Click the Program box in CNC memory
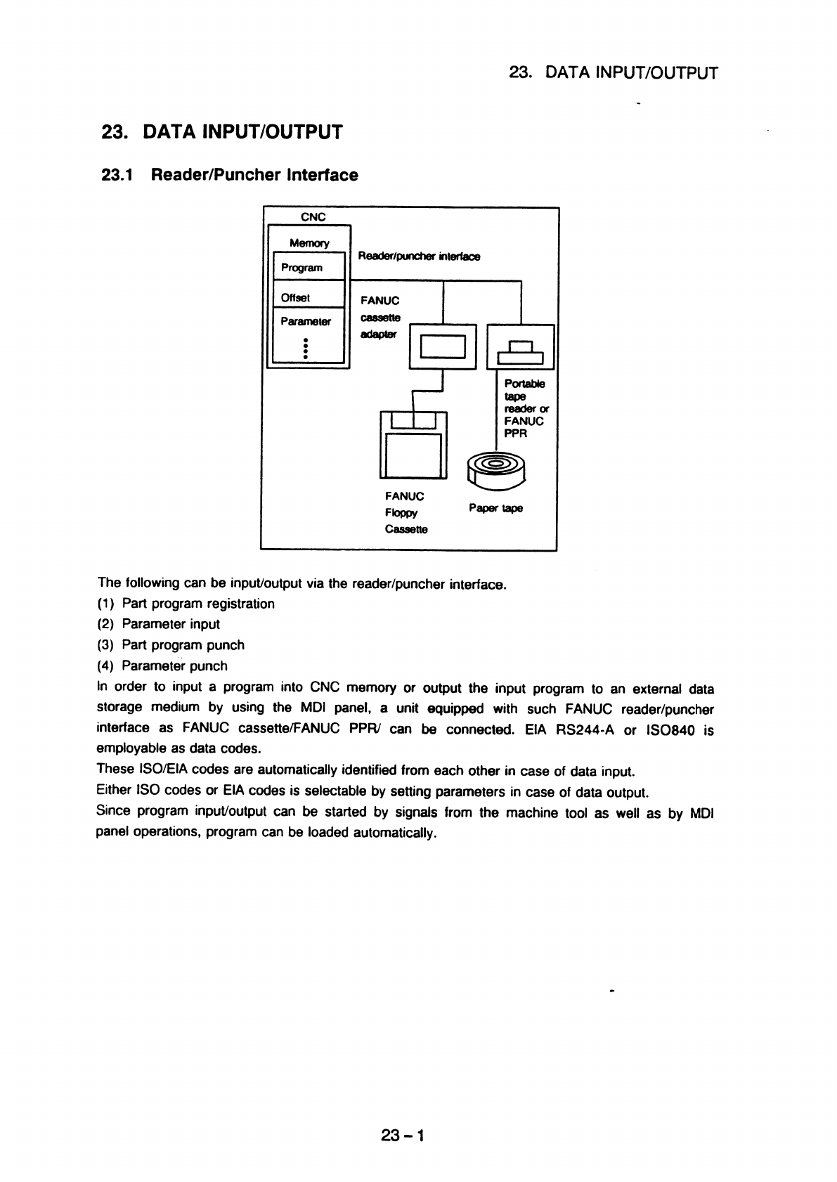(308, 268)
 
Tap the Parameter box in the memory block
(308, 322)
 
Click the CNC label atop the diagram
(312, 216)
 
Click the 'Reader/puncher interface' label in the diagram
(419, 257)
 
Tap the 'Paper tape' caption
(495, 508)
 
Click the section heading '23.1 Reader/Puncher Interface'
(230, 175)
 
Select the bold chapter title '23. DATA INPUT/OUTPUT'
(222, 132)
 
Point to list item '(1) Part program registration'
(186, 604)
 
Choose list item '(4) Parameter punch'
(162, 665)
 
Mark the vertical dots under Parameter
(306, 349)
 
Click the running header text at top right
(613, 73)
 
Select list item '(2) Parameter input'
(158, 624)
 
